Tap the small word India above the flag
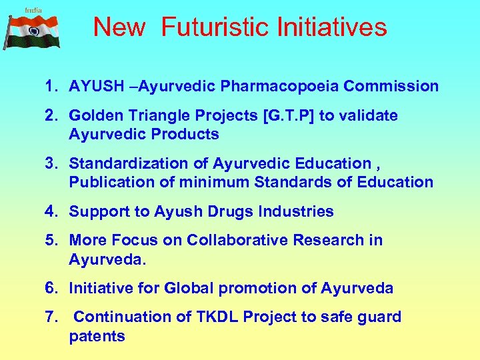click(x=33, y=9)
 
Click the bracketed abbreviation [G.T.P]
click(x=289, y=116)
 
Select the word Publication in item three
click(x=107, y=183)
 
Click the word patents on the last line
click(x=97, y=337)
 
